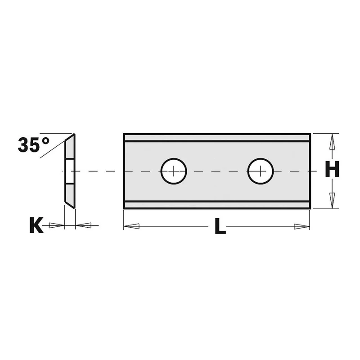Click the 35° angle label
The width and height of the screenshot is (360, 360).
click(33, 144)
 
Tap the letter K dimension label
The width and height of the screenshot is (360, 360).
click(36, 225)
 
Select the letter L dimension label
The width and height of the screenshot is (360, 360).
click(220, 226)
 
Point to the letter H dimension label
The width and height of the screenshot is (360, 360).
click(332, 169)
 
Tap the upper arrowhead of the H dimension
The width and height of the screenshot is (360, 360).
click(332, 142)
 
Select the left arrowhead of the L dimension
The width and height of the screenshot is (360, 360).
click(131, 226)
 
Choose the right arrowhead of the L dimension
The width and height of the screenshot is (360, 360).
click(301, 227)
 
